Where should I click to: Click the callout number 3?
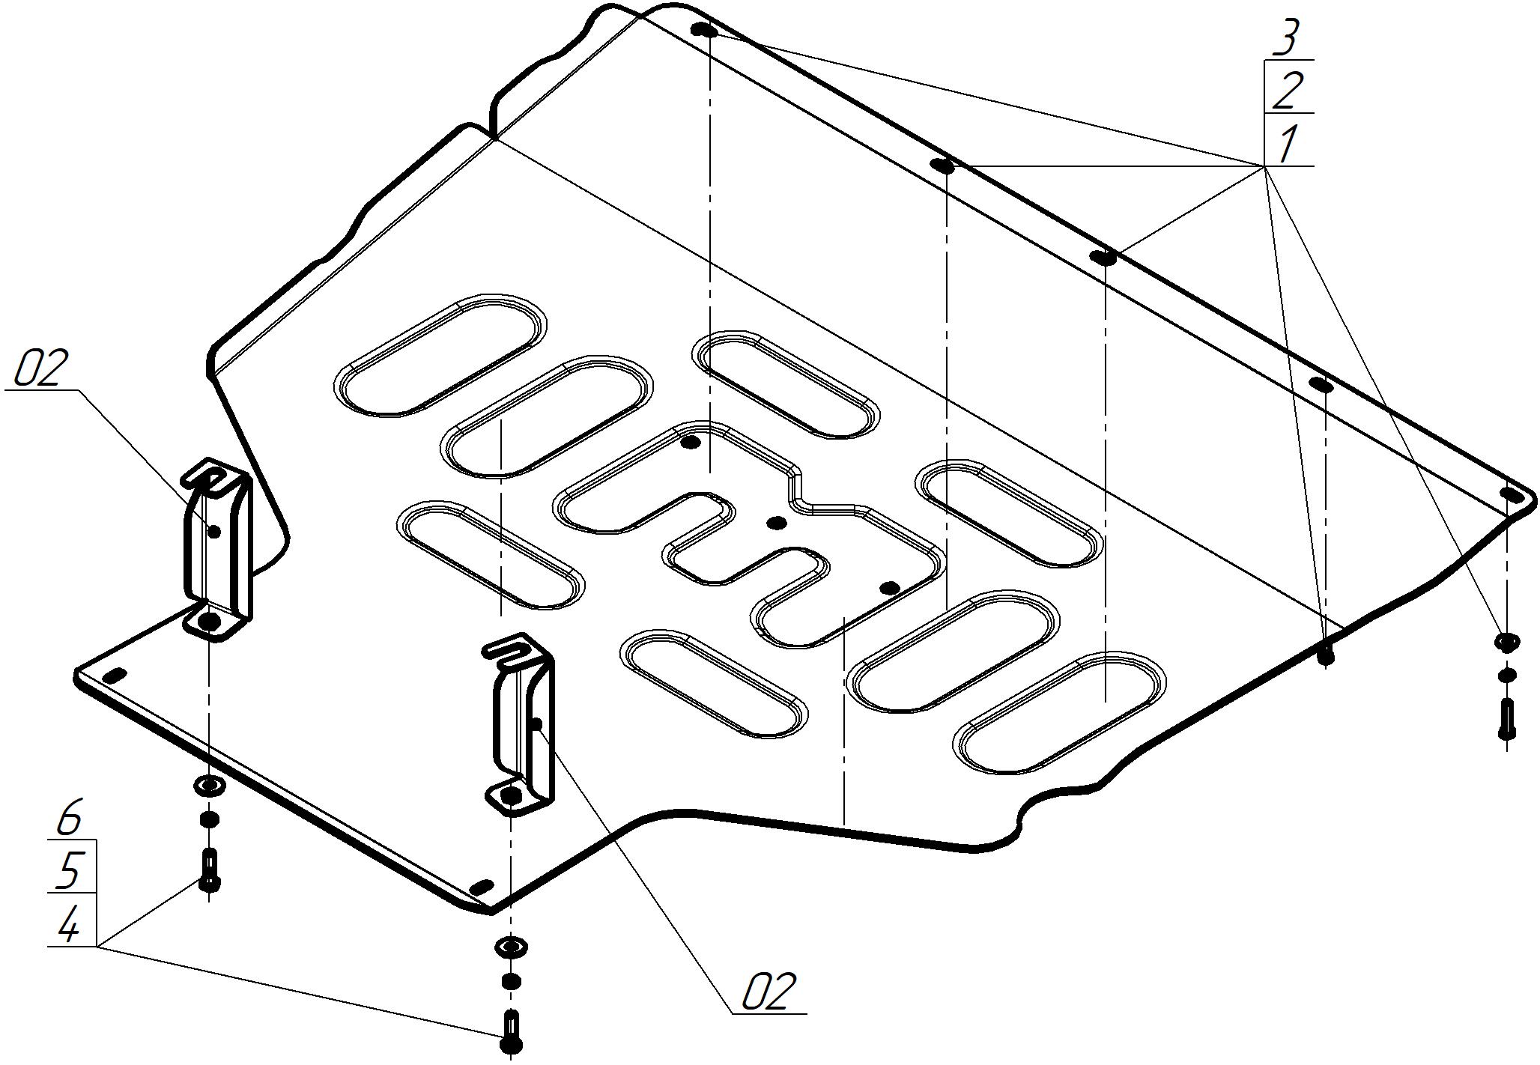[1286, 38]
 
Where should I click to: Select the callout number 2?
[1288, 91]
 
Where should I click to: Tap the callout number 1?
[1288, 144]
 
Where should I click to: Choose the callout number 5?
[69, 870]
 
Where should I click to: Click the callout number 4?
[69, 926]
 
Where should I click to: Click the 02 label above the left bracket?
[41, 368]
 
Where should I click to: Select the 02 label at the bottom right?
[767, 992]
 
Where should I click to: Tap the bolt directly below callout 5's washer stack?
[209, 870]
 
